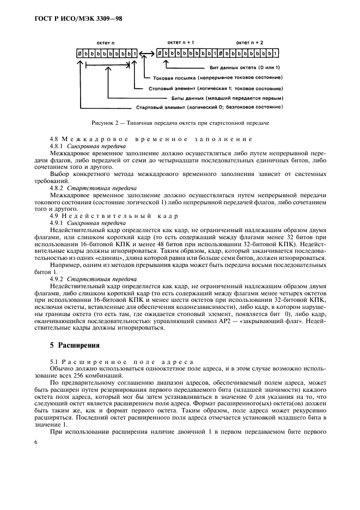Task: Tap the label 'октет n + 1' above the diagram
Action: coord(181,42)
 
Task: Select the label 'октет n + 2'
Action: coord(249,42)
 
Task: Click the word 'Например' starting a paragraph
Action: coord(64,265)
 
